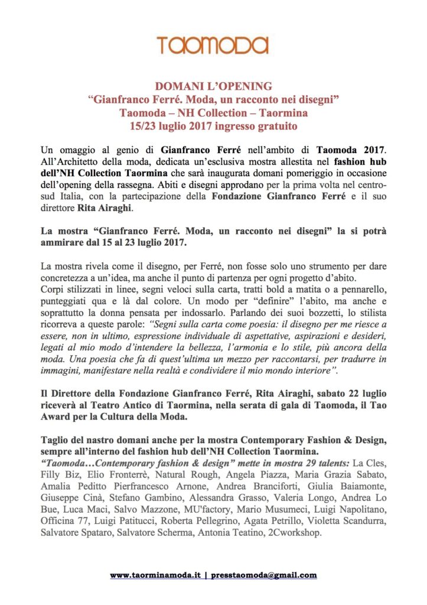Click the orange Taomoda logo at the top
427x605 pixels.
tap(213, 45)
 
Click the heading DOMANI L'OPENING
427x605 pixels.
tap(213, 86)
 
